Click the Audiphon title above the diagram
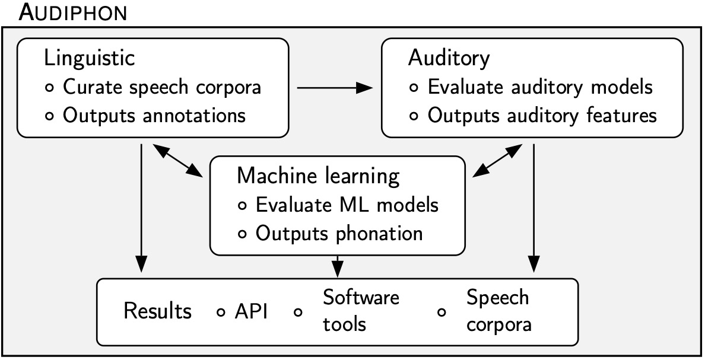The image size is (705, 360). [x=72, y=12]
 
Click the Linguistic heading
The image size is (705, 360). [x=89, y=59]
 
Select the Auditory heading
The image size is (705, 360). [x=449, y=58]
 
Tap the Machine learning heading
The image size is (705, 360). [x=317, y=176]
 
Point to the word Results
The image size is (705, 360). [x=157, y=311]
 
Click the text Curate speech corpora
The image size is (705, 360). [x=162, y=87]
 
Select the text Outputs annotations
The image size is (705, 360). [x=154, y=115]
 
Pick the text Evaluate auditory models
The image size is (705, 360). [x=540, y=87]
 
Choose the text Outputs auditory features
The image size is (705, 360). [x=542, y=115]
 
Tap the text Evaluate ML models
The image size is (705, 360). [x=347, y=205]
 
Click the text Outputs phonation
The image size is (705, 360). [x=339, y=233]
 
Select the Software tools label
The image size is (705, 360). [x=361, y=311]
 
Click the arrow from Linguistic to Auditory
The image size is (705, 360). [x=334, y=88]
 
